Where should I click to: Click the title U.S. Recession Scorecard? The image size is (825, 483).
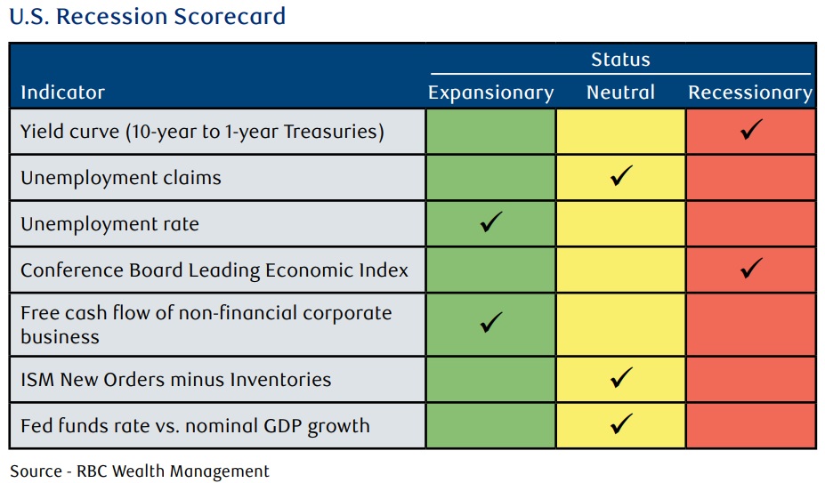[x=148, y=16]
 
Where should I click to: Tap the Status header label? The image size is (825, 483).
[x=620, y=60]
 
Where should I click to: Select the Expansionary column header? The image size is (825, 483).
[x=491, y=93]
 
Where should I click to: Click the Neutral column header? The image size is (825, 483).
[x=620, y=93]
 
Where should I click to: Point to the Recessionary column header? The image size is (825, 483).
[x=750, y=93]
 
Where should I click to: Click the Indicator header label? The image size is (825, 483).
[x=62, y=93]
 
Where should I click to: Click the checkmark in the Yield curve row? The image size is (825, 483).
[x=751, y=130]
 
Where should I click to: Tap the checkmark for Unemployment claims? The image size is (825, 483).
[x=621, y=176]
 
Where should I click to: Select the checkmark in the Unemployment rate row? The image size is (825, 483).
[x=491, y=222]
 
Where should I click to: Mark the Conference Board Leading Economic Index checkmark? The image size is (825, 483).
[x=751, y=268]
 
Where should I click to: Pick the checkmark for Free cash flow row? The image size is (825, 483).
[x=491, y=323]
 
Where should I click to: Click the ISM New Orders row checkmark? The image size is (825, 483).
[x=621, y=378]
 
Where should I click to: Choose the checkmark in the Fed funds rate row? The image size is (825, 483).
[x=621, y=423]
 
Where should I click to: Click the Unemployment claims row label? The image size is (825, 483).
[x=120, y=178]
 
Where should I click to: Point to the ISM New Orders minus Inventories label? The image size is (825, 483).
[x=175, y=379]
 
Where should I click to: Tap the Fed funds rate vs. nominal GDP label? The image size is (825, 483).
[x=195, y=426]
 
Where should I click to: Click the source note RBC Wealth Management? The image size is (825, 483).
[x=140, y=471]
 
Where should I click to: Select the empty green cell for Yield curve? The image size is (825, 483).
[x=491, y=131]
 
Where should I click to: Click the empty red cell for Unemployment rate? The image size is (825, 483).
[x=751, y=223]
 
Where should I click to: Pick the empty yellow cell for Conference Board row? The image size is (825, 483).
[x=621, y=270]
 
